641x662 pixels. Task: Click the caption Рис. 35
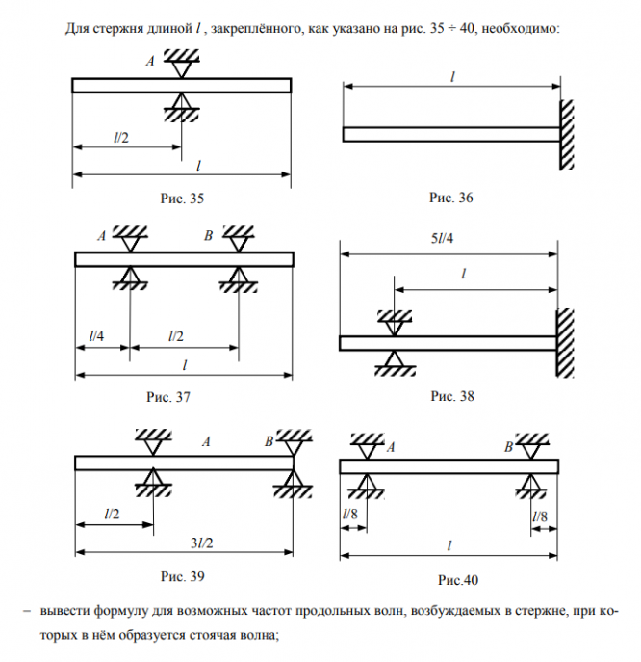182,199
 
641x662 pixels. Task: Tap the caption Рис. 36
451,199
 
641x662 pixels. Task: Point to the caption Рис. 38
452,395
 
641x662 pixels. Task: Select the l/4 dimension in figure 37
96,335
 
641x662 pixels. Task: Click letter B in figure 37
208,235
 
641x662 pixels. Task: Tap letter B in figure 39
269,442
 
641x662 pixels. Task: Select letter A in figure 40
391,447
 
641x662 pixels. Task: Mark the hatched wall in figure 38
567,343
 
